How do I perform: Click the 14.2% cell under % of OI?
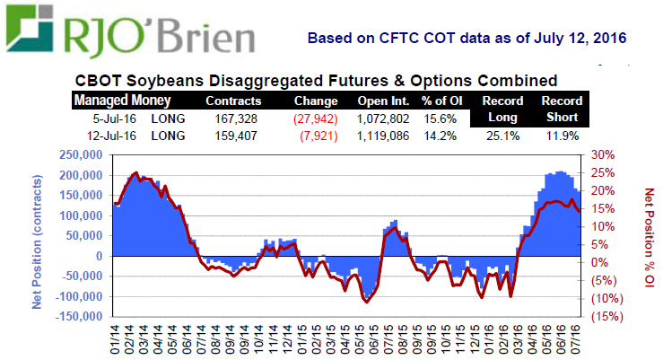coord(441,136)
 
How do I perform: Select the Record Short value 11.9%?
coord(561,136)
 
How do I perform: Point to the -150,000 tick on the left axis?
coord(77,317)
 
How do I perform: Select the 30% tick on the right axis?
coord(601,155)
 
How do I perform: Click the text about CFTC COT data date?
coord(466,40)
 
